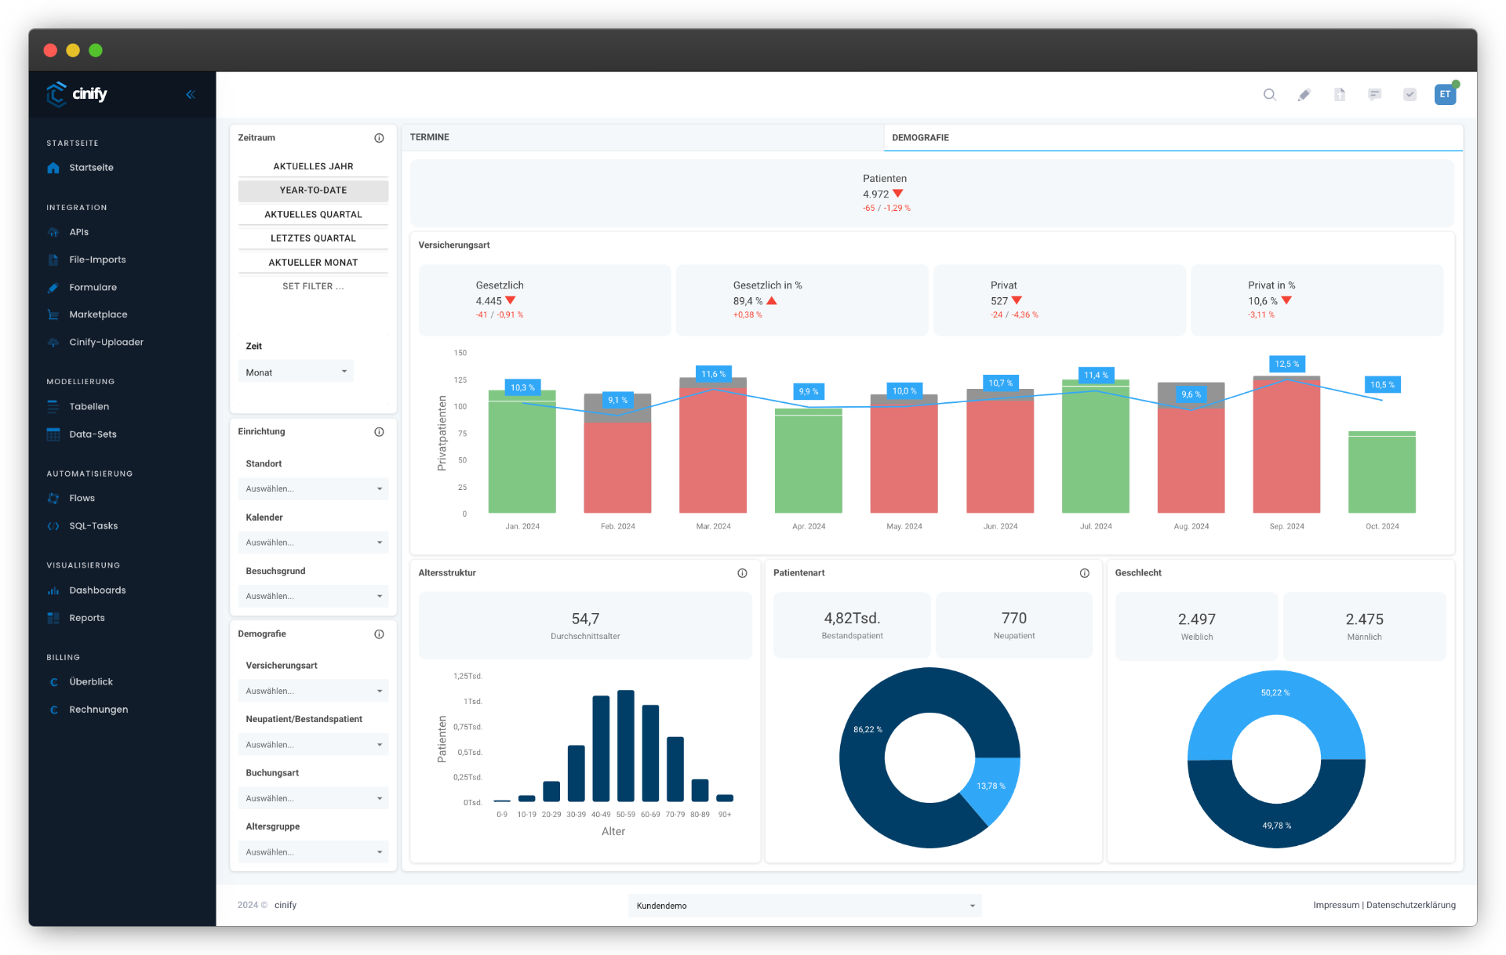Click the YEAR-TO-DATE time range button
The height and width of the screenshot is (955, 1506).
(313, 191)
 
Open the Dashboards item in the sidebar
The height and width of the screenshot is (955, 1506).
(96, 590)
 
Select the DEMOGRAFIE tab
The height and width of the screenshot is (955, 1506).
(920, 138)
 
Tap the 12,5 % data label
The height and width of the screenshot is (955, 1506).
(1286, 364)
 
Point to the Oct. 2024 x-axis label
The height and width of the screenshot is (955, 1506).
(1381, 527)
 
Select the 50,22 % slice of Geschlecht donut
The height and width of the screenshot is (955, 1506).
(1275, 706)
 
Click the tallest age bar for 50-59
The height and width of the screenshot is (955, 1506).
(625, 745)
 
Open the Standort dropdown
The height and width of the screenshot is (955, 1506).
(313, 489)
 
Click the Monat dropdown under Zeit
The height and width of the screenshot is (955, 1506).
(296, 372)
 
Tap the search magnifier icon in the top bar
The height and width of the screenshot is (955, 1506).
(1269, 95)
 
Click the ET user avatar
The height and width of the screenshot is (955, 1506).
(1444, 95)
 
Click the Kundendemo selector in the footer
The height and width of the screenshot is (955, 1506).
(804, 906)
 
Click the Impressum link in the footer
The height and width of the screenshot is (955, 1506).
(1336, 905)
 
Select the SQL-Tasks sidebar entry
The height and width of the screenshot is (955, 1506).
(93, 526)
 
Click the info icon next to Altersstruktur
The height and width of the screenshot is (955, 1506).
(742, 573)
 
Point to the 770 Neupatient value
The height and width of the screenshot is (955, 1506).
(1013, 619)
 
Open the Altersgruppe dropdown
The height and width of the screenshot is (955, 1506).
(313, 852)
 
